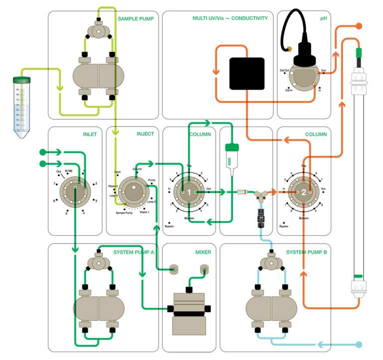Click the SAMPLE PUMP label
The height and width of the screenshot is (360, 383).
(136, 19)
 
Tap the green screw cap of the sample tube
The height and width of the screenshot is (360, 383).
(21, 80)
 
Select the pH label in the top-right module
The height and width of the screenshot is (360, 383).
(323, 18)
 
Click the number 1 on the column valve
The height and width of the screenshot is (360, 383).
(189, 192)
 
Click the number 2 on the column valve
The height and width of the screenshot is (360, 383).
(303, 192)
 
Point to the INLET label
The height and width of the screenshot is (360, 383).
(90, 134)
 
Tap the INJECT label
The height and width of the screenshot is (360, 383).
(145, 134)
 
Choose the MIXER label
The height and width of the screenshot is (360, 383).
(203, 252)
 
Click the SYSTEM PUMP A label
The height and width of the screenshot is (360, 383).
(133, 252)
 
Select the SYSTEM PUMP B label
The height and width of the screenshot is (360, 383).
(306, 252)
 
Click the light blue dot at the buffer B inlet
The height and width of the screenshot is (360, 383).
(359, 345)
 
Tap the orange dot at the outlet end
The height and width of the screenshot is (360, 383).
(359, 25)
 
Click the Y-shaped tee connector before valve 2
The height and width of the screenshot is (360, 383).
(260, 195)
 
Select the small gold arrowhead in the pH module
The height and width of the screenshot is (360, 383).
(289, 49)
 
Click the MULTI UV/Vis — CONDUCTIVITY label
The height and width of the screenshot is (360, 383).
(230, 18)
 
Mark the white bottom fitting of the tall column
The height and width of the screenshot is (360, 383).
(358, 288)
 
